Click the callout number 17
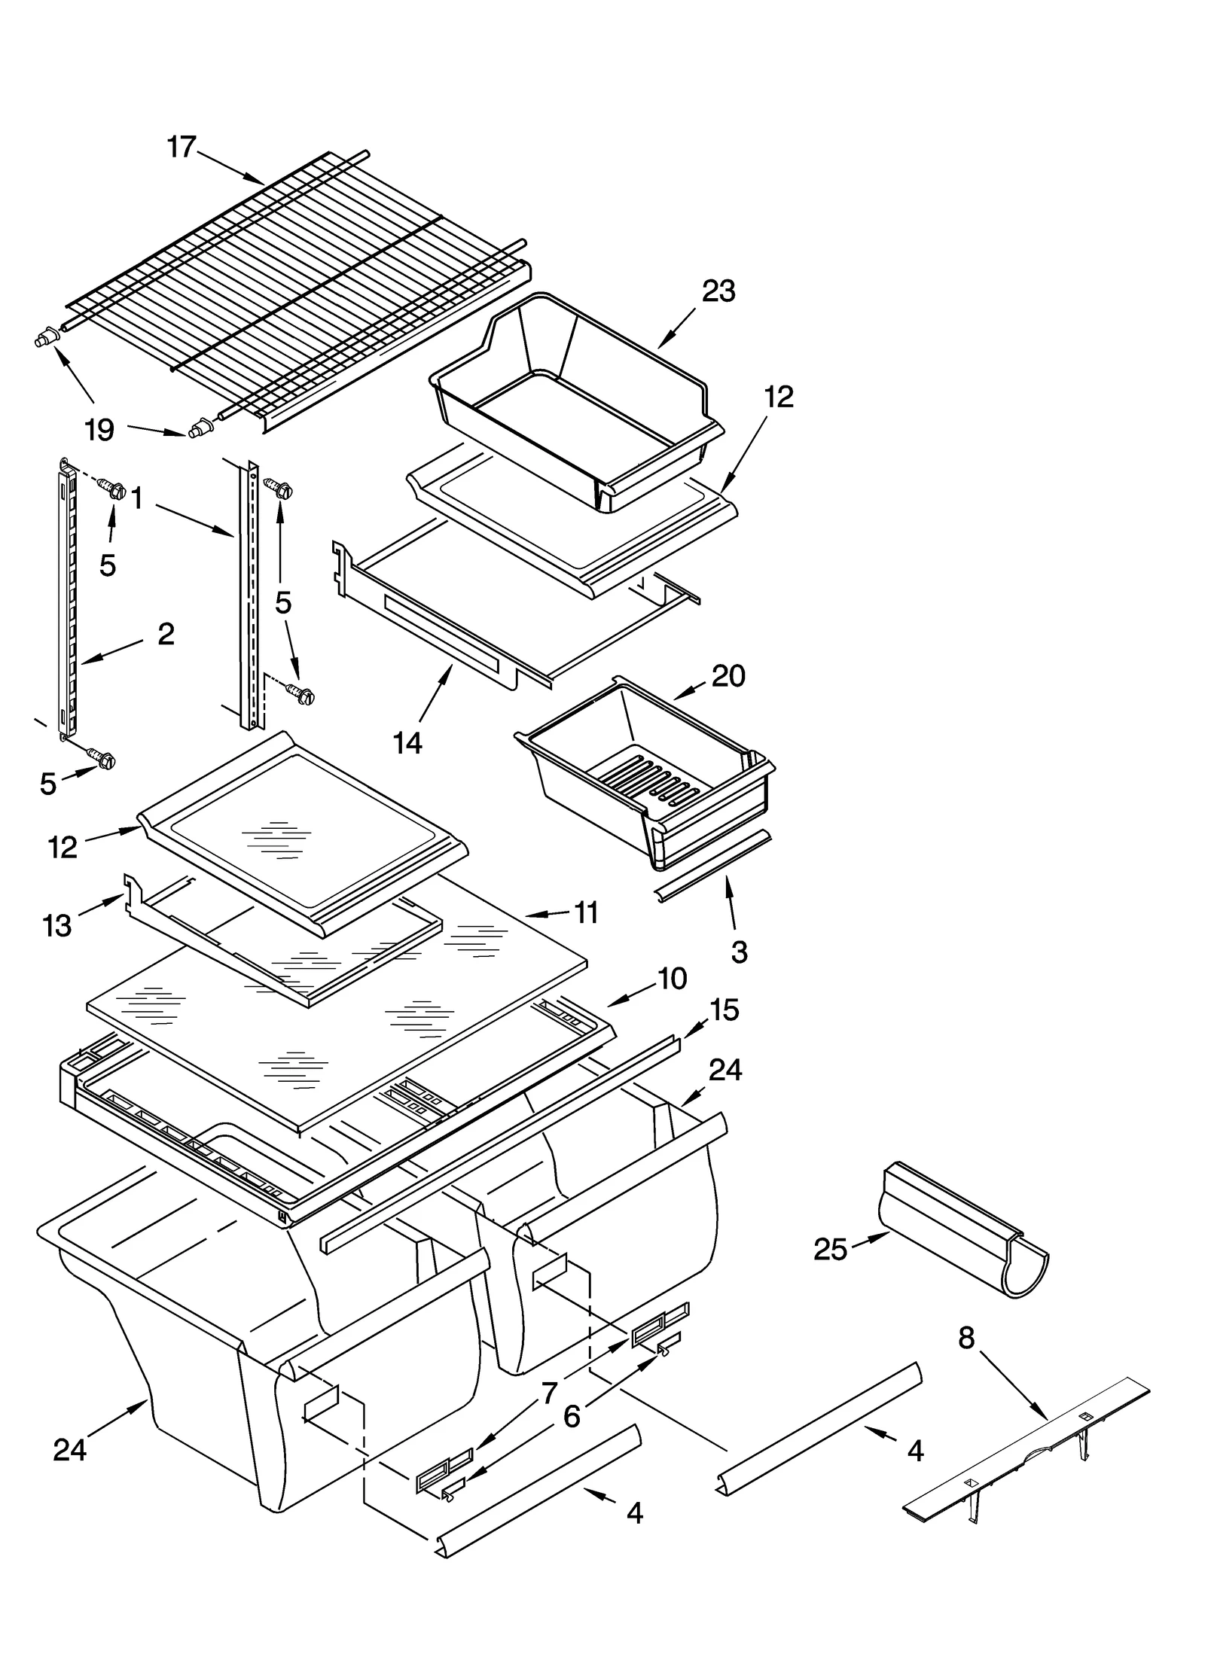coord(182,148)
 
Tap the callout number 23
coord(718,291)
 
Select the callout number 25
coord(830,1250)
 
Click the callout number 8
coord(966,1338)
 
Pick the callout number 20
coord(728,676)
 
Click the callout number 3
coord(739,952)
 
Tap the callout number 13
coord(57,925)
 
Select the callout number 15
coord(724,1010)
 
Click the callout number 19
coord(99,431)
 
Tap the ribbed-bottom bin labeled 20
coord(648,775)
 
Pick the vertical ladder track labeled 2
coord(66,602)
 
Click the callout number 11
coord(585,912)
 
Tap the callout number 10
coord(672,979)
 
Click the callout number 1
coord(137,498)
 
